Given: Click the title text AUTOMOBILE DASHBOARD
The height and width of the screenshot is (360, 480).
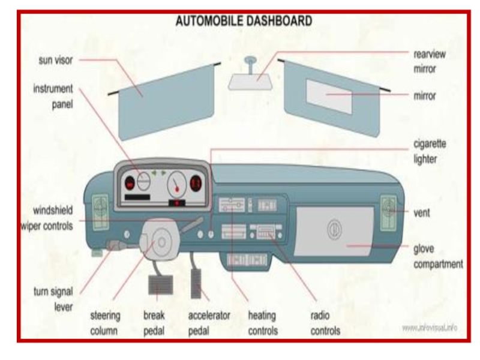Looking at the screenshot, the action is [x=243, y=21].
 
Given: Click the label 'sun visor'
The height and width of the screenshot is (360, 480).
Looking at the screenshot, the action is [x=56, y=60].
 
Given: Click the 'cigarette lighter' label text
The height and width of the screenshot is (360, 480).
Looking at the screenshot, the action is [x=430, y=151].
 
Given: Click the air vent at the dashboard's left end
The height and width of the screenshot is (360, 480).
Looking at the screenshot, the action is [x=100, y=208].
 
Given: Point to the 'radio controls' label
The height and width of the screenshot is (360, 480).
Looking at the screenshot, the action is [x=326, y=323].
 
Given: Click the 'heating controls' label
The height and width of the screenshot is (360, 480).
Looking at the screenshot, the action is [x=263, y=323].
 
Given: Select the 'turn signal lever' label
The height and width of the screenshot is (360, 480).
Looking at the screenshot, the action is [x=53, y=299].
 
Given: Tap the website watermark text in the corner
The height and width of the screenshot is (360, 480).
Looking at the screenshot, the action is [x=430, y=328].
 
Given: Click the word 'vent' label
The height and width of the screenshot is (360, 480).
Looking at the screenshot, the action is [x=421, y=212].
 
